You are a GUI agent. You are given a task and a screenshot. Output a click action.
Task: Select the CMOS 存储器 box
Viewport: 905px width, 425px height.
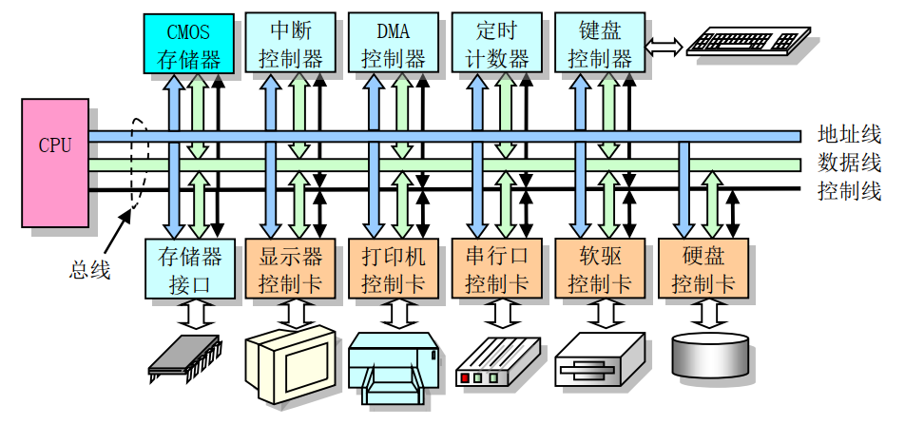click(x=188, y=43)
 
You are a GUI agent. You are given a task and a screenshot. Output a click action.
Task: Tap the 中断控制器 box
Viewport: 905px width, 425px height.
click(x=291, y=43)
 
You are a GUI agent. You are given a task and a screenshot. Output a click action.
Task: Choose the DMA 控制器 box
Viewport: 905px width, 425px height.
click(x=394, y=43)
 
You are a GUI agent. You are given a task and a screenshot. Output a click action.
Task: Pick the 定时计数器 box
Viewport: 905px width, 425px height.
click(x=496, y=43)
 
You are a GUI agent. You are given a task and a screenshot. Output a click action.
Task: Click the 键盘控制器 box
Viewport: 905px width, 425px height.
click(x=599, y=43)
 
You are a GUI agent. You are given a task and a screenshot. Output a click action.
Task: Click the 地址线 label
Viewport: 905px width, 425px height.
click(x=849, y=134)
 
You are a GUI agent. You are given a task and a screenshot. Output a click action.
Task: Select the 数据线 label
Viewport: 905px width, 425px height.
click(x=849, y=162)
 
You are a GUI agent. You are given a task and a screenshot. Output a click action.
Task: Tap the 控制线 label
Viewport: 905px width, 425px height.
click(x=849, y=190)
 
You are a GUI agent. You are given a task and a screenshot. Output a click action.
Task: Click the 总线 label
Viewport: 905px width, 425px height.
click(x=90, y=270)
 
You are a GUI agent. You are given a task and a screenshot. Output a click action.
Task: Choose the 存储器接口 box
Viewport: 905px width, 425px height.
click(x=188, y=268)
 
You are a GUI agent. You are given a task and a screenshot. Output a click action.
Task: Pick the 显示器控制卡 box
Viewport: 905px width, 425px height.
click(x=291, y=268)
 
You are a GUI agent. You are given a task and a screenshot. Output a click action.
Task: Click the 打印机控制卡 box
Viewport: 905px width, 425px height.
click(x=394, y=268)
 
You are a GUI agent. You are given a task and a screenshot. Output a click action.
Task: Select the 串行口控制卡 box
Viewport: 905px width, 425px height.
click(x=496, y=268)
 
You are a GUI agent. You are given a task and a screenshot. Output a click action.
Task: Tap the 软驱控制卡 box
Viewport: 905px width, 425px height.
click(x=599, y=268)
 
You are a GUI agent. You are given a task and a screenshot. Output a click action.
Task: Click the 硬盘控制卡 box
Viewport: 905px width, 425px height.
click(x=703, y=268)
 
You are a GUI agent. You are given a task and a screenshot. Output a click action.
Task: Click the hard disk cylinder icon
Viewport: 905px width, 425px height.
click(x=709, y=355)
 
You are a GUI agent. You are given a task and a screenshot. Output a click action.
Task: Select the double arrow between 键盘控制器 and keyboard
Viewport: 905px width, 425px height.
click(x=662, y=44)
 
